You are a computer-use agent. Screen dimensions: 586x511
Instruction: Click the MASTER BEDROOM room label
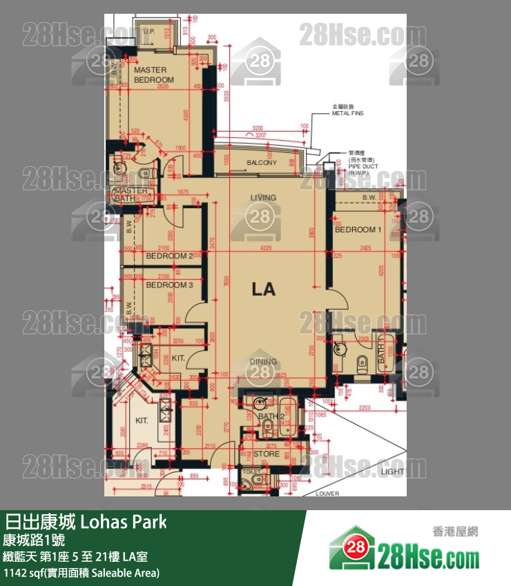[x=154, y=75]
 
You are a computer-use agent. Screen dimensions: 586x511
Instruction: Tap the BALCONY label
[x=261, y=163]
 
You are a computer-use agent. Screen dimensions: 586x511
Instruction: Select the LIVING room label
[x=263, y=197]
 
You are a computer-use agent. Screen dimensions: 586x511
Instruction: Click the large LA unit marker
[x=263, y=290]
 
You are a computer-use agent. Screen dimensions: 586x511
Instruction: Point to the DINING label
[x=263, y=361]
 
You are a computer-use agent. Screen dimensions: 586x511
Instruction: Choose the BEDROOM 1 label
[x=358, y=230]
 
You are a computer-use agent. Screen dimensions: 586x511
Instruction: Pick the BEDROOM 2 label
[x=169, y=256]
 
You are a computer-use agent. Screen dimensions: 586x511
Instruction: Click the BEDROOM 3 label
[x=169, y=285]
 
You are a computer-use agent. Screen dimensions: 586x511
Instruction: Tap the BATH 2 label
[x=271, y=416]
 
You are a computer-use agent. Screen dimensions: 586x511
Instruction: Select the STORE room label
[x=266, y=454]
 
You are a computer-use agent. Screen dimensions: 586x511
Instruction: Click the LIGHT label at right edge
[x=392, y=472]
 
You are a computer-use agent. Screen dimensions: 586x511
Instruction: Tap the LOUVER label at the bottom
[x=327, y=494]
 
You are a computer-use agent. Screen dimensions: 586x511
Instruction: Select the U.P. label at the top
[x=149, y=31]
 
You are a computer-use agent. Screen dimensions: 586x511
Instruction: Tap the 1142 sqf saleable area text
[x=81, y=573]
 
